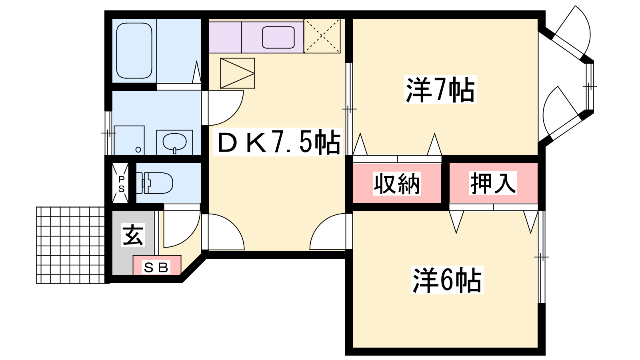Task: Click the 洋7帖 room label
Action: (x=440, y=90)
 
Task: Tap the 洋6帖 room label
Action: (x=447, y=280)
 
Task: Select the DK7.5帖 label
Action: (x=278, y=142)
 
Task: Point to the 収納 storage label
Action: (x=396, y=184)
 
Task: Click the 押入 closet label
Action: (x=493, y=183)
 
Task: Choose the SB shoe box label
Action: (x=156, y=268)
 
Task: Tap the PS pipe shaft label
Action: (x=122, y=184)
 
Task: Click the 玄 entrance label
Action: (x=133, y=235)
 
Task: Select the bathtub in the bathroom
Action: (x=134, y=50)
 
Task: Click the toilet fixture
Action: (x=154, y=183)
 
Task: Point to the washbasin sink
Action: (x=174, y=142)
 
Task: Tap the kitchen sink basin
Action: (x=278, y=38)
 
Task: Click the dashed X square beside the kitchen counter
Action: (x=322, y=36)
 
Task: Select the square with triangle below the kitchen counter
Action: (x=238, y=74)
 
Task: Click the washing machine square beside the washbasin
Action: (x=129, y=140)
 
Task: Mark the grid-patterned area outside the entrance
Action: (x=70, y=245)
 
